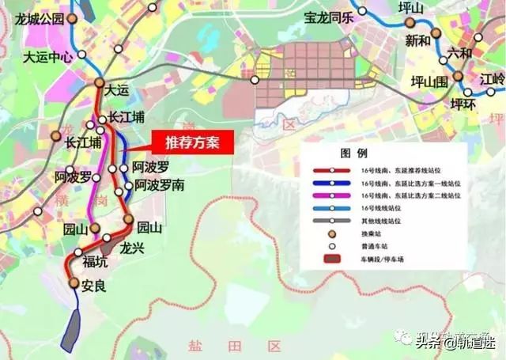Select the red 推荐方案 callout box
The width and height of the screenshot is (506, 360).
191,144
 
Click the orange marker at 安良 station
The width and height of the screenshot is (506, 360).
74,282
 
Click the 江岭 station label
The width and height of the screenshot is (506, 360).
491,79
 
